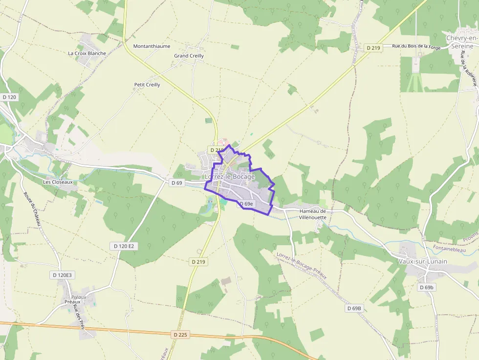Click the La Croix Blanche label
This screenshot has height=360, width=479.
coord(87,53)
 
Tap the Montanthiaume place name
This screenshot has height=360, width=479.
coord(152,46)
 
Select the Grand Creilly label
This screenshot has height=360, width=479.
coord(189,56)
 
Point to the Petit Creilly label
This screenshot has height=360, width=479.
coord(147,85)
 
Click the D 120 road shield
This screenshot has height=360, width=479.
coord(9,97)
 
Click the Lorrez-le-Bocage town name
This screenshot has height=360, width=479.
coord(230,176)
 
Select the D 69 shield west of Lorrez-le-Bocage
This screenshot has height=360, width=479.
coord(176,183)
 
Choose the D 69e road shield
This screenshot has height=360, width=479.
coord(246,204)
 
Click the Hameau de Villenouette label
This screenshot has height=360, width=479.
coord(312,214)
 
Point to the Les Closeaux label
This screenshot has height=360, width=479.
coord(58,182)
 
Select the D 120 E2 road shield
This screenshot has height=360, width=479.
coord(124,246)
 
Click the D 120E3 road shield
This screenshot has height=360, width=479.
coord(62,275)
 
